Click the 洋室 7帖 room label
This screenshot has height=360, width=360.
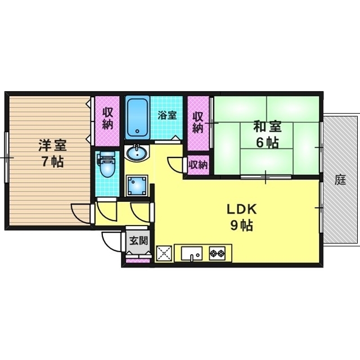[x=52, y=153]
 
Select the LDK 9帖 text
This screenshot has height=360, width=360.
[x=241, y=217]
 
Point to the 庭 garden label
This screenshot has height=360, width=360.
[x=340, y=180]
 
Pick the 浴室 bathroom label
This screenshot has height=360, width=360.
[x=167, y=115]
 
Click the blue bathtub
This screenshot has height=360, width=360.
[x=137, y=116]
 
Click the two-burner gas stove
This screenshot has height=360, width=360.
[x=217, y=253]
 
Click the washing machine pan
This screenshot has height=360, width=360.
[x=137, y=184]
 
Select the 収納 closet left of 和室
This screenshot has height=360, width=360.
[x=197, y=121]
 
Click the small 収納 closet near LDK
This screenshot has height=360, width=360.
[x=197, y=165]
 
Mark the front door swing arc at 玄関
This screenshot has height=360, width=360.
[x=111, y=242]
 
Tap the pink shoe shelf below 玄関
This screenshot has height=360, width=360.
[x=138, y=260]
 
